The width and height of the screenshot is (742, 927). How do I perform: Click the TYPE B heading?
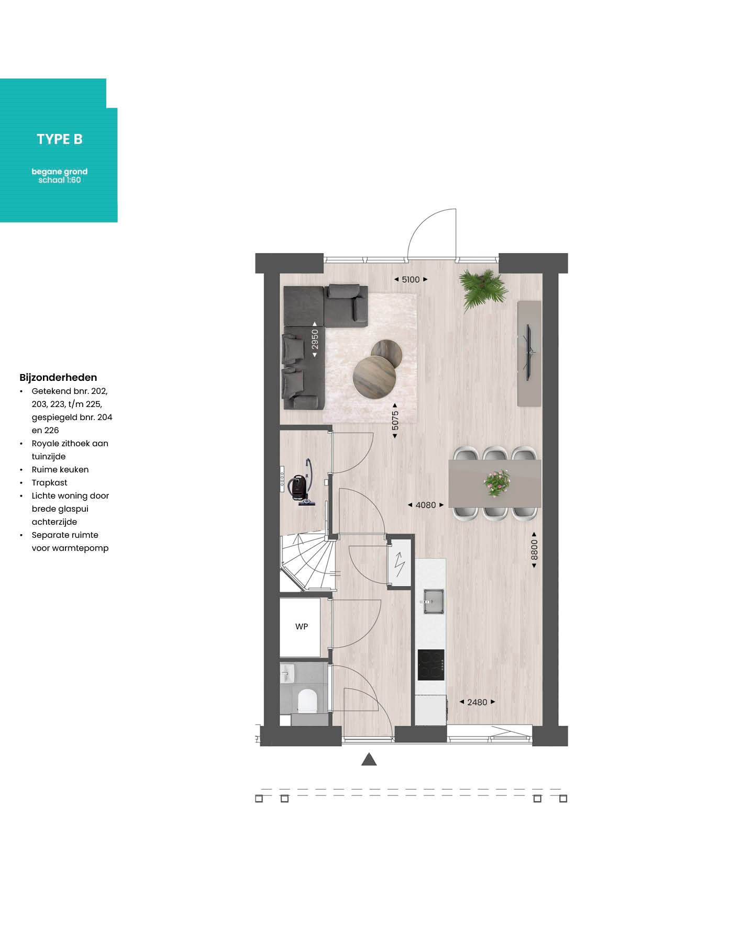[x=60, y=139]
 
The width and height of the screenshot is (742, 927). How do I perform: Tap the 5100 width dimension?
[x=411, y=279]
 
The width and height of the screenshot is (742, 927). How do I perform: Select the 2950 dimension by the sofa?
[x=315, y=340]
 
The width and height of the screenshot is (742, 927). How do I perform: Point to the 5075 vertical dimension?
[x=395, y=421]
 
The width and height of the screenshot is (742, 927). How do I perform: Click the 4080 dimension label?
[x=426, y=505]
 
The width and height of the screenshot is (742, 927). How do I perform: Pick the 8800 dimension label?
[x=534, y=550]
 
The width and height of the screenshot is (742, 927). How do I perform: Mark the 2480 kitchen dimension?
[x=477, y=702]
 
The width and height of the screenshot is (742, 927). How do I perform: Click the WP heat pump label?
[x=302, y=626]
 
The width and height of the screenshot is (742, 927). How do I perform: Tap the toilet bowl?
[x=307, y=700]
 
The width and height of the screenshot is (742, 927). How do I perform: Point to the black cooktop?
[x=431, y=665]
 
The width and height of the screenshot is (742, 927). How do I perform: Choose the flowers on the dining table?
[x=496, y=482]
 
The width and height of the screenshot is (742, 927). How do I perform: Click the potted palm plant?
[x=483, y=289]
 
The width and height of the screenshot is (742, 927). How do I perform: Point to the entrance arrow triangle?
[x=369, y=759]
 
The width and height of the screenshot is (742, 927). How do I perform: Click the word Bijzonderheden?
[x=58, y=378]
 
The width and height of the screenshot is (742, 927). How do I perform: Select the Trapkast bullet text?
[x=50, y=483]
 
